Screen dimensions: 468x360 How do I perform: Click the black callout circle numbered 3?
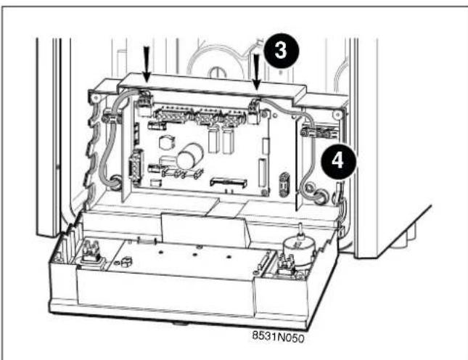282,50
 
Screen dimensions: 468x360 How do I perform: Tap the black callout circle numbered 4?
338,161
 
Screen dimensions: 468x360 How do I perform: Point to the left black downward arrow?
147,65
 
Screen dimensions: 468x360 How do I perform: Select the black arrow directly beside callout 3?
256,72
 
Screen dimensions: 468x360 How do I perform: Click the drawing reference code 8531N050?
278,337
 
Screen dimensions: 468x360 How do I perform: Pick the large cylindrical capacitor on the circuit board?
189,155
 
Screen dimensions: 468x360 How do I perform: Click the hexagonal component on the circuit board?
165,142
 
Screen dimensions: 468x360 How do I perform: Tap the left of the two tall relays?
214,139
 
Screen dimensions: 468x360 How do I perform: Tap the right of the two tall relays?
227,139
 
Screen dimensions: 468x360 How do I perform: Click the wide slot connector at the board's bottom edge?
229,182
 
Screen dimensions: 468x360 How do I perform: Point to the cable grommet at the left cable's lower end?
115,182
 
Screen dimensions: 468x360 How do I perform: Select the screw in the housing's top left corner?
95,97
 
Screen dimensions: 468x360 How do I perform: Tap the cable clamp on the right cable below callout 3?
309,131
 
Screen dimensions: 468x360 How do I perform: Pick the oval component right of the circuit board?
284,185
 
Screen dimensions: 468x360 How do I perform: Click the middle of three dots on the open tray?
194,255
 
